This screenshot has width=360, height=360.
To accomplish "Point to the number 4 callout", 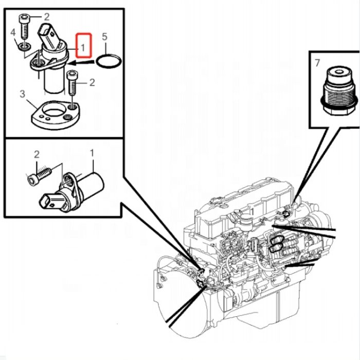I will (13, 33).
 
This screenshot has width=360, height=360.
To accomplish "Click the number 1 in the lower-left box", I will (93, 153).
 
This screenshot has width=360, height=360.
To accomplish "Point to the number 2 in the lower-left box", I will (37, 154).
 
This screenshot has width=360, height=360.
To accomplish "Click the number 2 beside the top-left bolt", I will (46, 16).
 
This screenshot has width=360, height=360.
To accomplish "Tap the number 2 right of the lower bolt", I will (92, 82).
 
